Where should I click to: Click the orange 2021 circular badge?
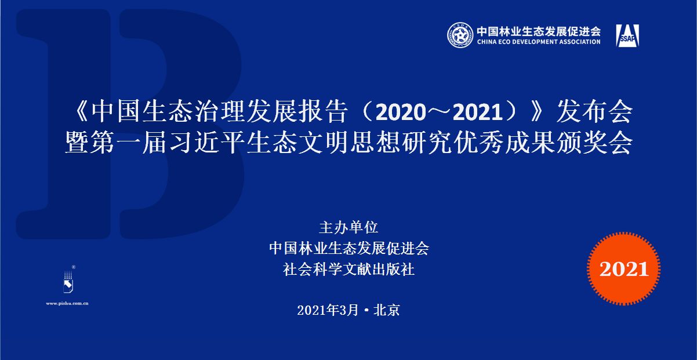623,268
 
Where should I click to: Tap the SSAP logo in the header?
627,37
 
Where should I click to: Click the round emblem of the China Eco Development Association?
460,36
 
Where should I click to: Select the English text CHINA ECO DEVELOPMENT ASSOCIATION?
538,42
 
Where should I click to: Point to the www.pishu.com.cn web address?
67,303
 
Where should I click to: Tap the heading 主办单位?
348,227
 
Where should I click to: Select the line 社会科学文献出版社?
348,269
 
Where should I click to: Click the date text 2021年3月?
328,310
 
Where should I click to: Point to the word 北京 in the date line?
387,310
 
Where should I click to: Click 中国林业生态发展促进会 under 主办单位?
348,248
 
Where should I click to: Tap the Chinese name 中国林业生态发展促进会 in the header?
538,31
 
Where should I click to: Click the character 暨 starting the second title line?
78,143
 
